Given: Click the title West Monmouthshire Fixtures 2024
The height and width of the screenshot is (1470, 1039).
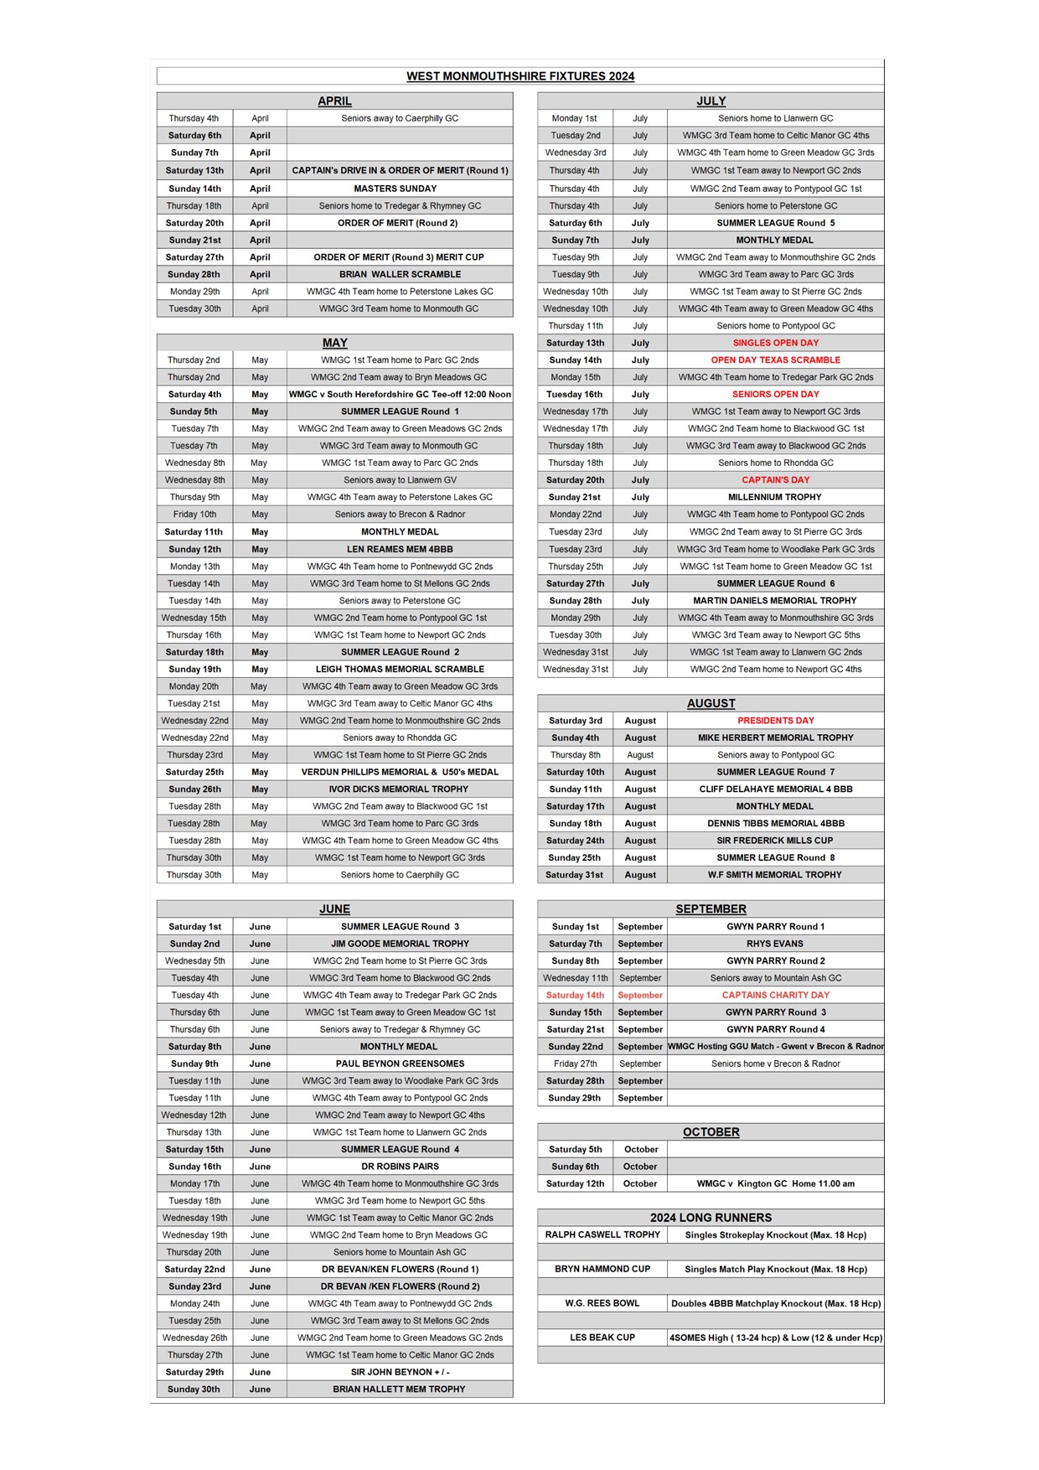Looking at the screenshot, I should (519, 76).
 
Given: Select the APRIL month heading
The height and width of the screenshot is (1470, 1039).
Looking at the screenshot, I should (334, 101).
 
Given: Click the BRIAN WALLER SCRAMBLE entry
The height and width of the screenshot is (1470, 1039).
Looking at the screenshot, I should (400, 274).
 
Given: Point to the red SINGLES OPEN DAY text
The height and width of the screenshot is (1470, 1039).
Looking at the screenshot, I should (775, 343).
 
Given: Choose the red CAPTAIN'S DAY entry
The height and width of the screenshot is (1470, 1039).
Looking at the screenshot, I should (775, 480).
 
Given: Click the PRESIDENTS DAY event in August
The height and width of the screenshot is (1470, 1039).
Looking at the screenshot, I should (775, 721).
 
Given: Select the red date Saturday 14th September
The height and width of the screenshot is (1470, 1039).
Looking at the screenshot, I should (575, 996).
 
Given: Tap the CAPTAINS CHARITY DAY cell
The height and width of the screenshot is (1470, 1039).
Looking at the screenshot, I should (775, 996).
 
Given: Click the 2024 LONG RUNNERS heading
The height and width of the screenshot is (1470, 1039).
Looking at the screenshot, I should (711, 1218).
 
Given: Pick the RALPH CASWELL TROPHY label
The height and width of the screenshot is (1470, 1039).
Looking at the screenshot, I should (602, 1234).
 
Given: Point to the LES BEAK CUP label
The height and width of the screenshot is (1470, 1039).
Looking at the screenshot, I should (602, 1338).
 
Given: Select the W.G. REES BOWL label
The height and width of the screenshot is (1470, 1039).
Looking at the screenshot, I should (602, 1303).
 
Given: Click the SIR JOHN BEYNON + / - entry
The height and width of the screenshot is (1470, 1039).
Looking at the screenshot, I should (400, 1372).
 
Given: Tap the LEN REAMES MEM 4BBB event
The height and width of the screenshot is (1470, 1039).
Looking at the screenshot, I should (400, 550).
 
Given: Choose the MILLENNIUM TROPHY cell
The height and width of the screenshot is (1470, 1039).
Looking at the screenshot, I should (775, 497).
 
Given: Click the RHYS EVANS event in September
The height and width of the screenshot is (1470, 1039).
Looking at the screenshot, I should (775, 944).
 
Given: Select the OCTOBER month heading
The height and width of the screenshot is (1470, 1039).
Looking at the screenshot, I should (711, 1132).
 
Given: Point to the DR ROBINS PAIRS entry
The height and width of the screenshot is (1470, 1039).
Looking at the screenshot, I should (400, 1167).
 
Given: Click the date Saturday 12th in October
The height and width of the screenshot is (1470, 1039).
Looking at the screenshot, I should (575, 1184).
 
